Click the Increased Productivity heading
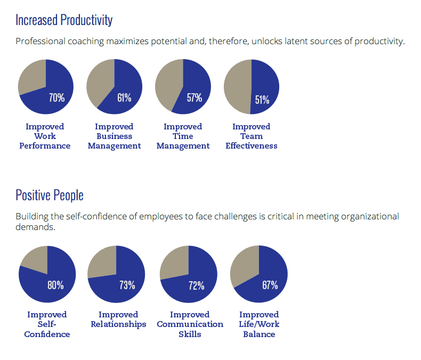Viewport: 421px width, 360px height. (64, 20)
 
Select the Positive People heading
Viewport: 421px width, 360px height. (50, 195)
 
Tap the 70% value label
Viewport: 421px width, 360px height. (56, 97)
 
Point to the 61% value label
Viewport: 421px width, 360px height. (124, 97)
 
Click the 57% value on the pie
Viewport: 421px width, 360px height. (195, 97)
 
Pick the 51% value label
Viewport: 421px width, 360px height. (262, 100)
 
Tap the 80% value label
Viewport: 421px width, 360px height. (55, 285)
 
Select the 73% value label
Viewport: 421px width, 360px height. (127, 285)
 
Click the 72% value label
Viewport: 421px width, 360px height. (196, 285)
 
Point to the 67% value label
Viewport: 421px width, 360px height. (270, 285)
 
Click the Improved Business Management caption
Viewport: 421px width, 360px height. (114, 136)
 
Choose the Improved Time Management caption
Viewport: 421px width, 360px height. (183, 136)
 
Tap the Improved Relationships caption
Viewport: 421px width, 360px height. (118, 320)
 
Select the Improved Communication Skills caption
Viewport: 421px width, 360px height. (190, 324)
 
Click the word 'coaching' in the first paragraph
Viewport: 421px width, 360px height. (86, 41)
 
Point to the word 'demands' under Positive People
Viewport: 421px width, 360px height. (35, 227)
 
